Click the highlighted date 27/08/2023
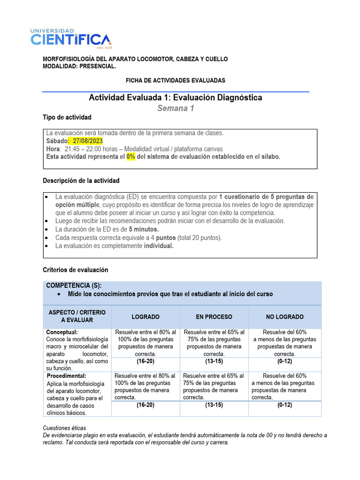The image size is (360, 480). coord(87,141)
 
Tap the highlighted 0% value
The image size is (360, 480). coord(131,157)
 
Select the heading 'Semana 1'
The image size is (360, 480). coord(175,108)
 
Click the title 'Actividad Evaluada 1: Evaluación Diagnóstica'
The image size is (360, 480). coord(175,97)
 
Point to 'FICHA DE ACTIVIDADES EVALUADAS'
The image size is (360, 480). coord(175,81)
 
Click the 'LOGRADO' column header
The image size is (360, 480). coord(145,317)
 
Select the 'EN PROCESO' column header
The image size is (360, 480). coord(214,317)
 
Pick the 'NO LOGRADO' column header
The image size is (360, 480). coord(285,317)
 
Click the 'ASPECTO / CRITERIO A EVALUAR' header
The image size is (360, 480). coord(77,316)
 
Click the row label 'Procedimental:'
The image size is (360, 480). coord(67,376)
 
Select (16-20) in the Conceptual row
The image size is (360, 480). coord(145,361)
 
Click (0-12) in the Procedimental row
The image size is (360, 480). coord(285,405)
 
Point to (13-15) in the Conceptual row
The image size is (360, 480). coord(214,361)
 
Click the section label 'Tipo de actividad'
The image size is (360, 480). coord(67,117)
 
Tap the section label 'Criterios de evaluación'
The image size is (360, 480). coord(75,270)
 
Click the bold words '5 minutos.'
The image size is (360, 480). coord(143,229)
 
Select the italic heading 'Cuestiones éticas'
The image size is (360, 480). coord(64,428)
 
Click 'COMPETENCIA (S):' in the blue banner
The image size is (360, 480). coord(74,285)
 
